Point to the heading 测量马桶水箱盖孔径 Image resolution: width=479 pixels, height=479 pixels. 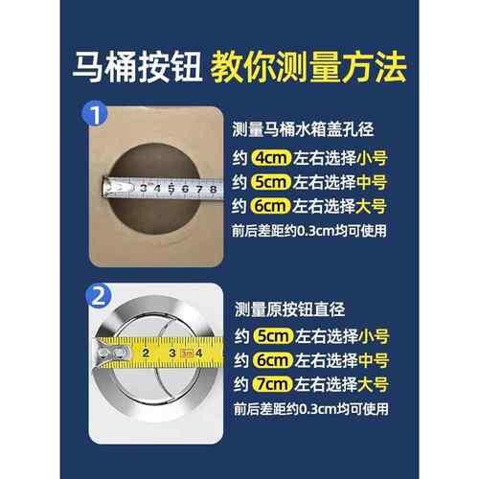314,126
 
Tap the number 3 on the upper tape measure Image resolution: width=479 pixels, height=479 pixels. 143,189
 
